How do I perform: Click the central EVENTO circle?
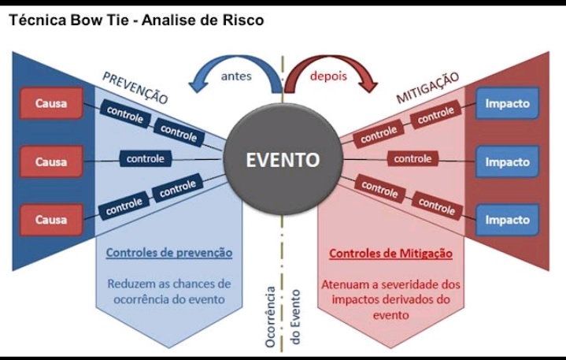(283, 160)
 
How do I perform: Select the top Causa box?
(51, 103)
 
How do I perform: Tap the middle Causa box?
(51, 161)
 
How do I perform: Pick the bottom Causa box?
(51, 220)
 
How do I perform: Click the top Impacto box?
(507, 103)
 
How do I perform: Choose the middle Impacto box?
(507, 161)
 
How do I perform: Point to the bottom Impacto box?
(507, 220)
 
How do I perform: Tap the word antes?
(236, 76)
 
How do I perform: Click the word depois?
(328, 76)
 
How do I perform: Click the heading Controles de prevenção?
(169, 253)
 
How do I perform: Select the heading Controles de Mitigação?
(390, 253)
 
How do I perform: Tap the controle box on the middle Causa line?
(146, 159)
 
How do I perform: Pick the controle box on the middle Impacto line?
(413, 159)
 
